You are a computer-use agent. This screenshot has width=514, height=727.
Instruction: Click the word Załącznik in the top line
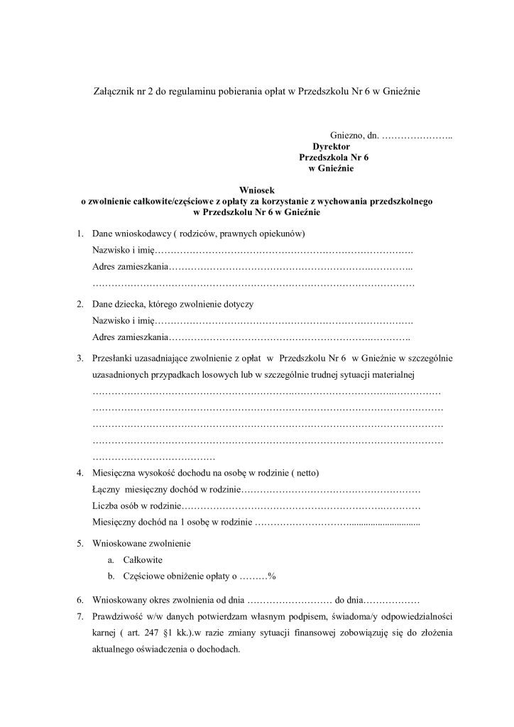[x=116, y=92]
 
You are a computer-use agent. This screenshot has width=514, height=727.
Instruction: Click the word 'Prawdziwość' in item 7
[x=118, y=615]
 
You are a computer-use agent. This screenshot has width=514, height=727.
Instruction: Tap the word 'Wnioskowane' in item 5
[x=121, y=543]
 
